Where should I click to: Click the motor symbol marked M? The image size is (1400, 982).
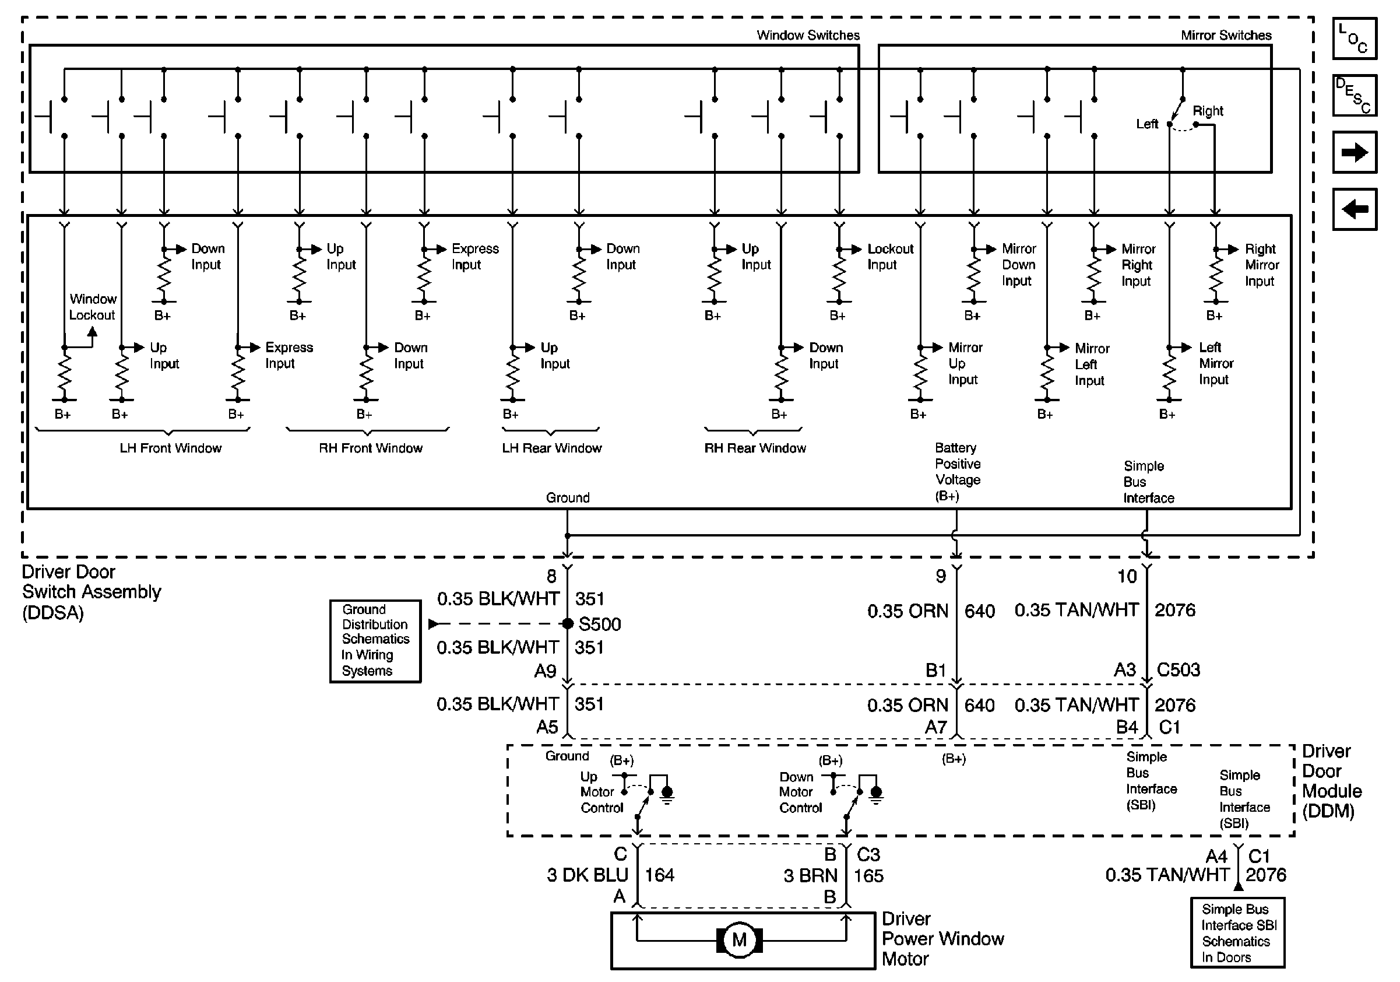coord(739,940)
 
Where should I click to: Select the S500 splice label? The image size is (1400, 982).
coord(599,624)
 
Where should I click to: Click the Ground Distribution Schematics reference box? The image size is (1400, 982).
coord(375,640)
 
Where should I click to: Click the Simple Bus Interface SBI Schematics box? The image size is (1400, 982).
coord(1237,932)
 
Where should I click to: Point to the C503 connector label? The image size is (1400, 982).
coord(1178,669)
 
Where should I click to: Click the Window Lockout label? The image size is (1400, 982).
coord(92,307)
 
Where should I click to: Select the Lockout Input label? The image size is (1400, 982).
coord(889,257)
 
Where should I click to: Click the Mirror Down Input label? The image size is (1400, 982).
coord(1018,265)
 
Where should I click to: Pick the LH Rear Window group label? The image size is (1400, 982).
coord(551,448)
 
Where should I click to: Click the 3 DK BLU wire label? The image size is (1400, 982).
coord(587,875)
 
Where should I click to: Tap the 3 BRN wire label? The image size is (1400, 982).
coord(810,876)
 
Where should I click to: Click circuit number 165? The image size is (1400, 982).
coord(868,876)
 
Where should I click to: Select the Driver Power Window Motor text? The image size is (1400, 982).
coord(942,939)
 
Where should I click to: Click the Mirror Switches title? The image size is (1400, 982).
coord(1226,36)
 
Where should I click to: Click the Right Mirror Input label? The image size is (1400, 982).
coord(1261,265)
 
